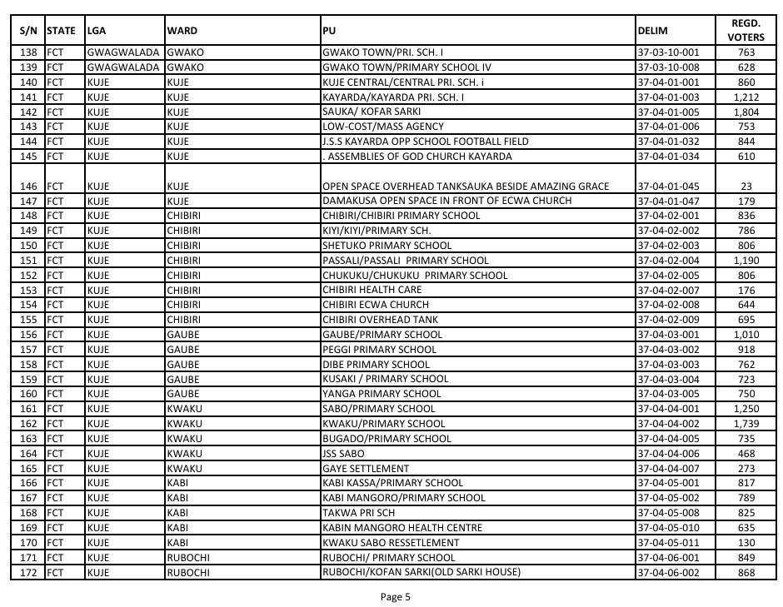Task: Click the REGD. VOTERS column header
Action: (741, 31)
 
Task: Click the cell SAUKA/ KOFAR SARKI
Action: (371, 112)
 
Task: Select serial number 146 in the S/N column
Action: (30, 187)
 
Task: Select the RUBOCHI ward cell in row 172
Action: (187, 572)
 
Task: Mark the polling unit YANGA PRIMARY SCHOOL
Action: (382, 394)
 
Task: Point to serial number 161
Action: (30, 409)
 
